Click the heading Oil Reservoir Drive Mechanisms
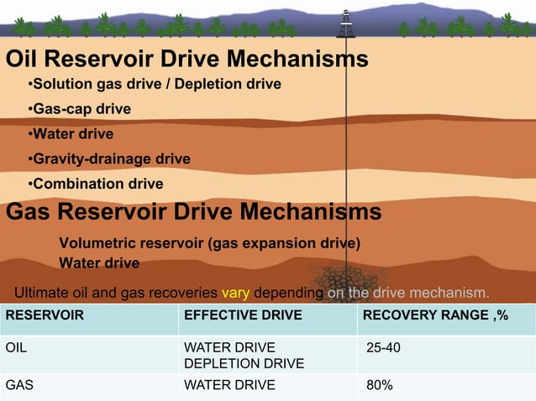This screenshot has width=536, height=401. (187, 60)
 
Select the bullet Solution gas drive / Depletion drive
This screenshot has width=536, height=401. (154, 85)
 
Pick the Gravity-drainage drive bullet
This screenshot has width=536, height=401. (109, 159)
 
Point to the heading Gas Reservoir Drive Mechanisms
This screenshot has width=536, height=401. (193, 212)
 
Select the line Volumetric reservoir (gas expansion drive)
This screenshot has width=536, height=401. (209, 244)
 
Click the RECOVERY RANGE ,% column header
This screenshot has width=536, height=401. (433, 315)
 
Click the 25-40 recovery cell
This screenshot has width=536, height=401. (384, 347)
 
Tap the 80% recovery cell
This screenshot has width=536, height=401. (380, 385)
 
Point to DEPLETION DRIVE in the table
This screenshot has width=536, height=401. (244, 363)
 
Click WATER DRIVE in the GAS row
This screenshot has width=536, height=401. (229, 385)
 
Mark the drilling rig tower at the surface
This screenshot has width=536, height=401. (345, 23)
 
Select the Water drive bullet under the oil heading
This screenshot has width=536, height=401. (71, 134)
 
